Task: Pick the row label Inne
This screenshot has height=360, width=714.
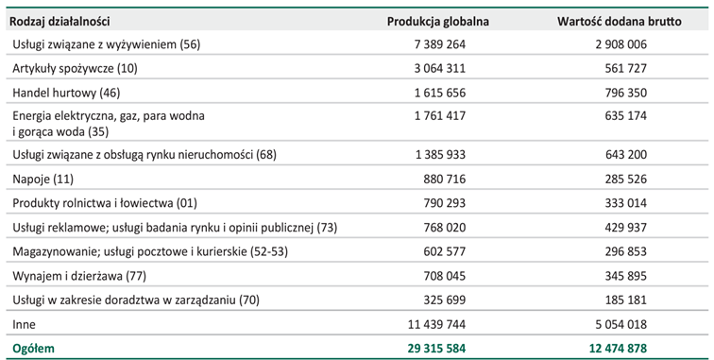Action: (x=24, y=324)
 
